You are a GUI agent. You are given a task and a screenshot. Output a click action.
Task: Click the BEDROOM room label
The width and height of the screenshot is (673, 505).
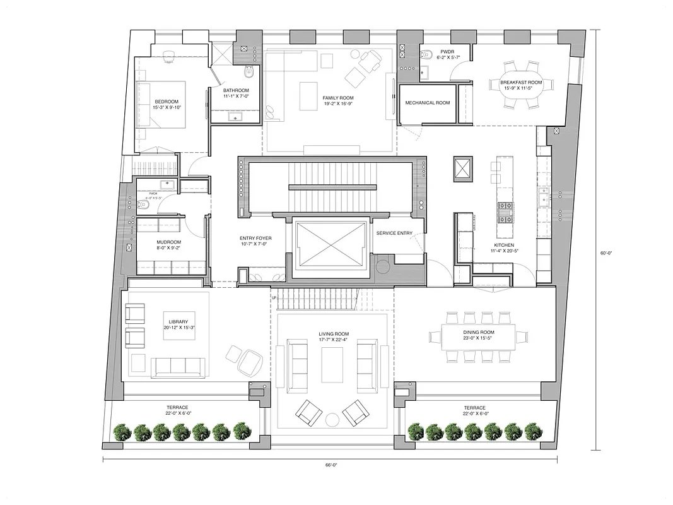(x=167, y=102)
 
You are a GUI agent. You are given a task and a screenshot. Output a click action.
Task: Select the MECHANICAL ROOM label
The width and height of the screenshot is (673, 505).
(x=427, y=103)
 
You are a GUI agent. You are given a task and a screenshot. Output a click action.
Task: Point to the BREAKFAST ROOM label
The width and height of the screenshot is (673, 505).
(x=521, y=83)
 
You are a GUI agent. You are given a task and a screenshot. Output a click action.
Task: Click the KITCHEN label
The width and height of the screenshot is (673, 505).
(x=503, y=245)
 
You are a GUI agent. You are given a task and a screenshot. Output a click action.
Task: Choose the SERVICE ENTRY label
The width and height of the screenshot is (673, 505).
(x=394, y=234)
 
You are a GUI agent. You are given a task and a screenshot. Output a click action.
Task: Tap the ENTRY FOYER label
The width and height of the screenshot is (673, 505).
(x=255, y=239)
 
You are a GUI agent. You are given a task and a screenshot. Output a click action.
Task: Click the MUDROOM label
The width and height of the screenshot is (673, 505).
(x=168, y=242)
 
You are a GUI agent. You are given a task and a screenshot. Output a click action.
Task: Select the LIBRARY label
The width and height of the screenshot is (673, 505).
(x=174, y=322)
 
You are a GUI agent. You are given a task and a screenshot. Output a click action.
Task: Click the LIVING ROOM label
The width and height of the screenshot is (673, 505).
(x=333, y=334)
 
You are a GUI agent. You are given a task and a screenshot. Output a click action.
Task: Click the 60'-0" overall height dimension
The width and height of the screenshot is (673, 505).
(x=606, y=253)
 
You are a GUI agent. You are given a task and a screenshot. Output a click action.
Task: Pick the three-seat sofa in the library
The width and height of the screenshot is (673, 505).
(x=177, y=366)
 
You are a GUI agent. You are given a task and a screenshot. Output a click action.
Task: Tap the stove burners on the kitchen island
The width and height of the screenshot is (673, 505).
(x=506, y=213)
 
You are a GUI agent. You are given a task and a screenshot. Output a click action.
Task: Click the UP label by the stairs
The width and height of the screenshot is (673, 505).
(x=274, y=297)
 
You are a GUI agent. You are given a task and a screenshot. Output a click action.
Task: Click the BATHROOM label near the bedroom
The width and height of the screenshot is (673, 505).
(x=236, y=90)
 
